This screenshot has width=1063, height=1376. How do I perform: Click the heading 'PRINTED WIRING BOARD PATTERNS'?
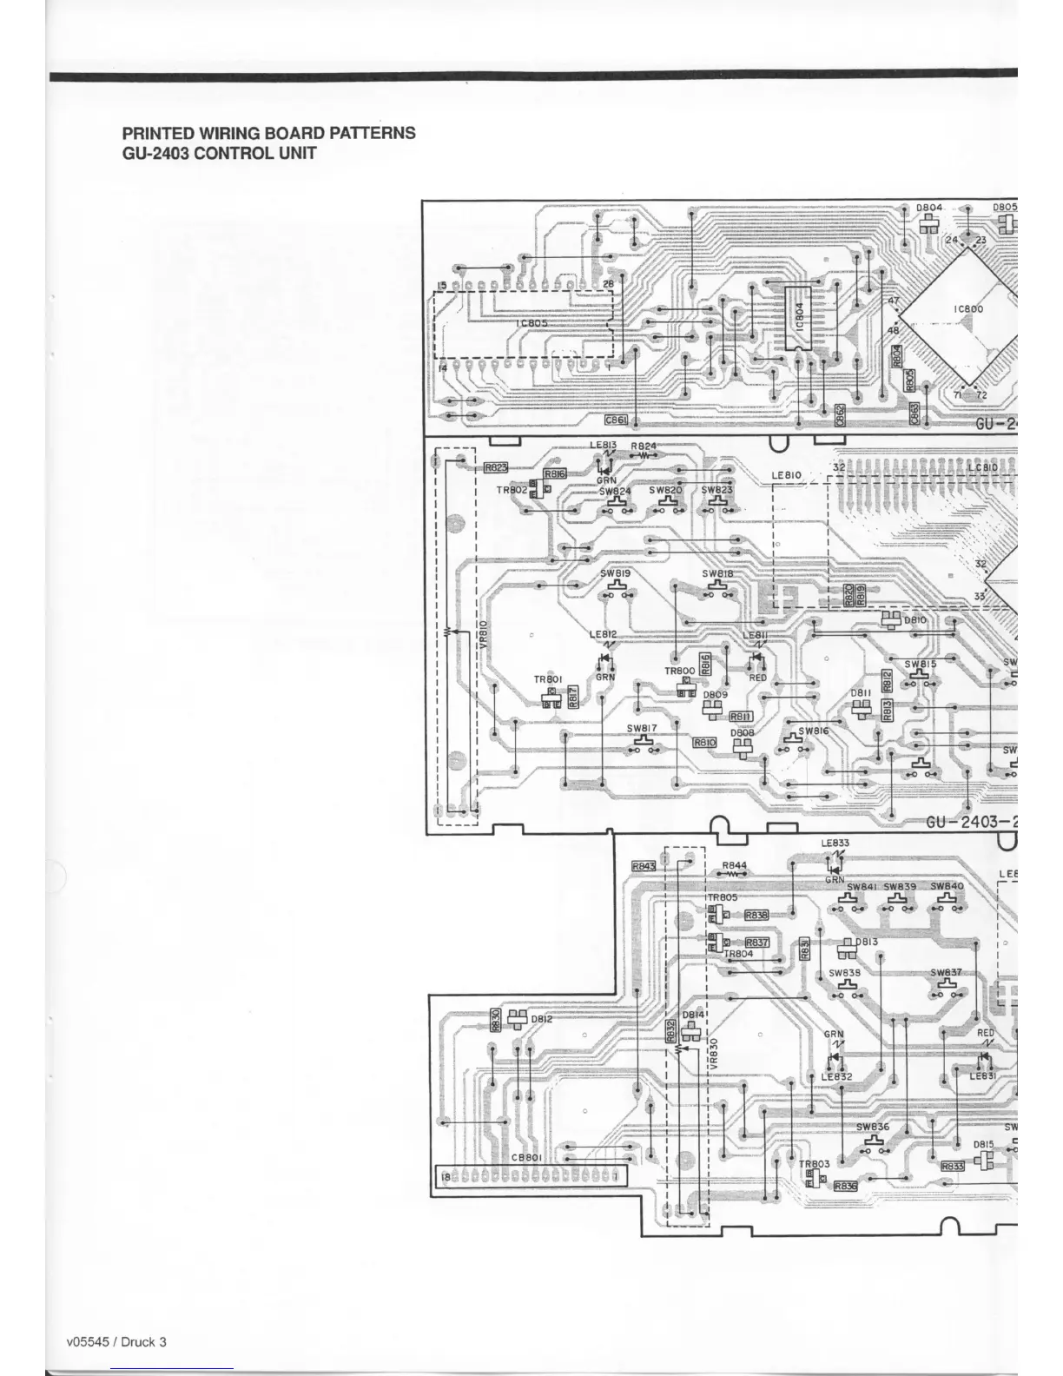[x=268, y=134]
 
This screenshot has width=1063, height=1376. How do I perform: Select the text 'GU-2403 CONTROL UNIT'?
[x=219, y=154]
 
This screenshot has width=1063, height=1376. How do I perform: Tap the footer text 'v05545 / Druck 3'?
[x=116, y=1341]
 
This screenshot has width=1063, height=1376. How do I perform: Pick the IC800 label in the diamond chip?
[x=968, y=309]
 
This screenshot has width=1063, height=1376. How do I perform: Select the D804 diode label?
[x=929, y=208]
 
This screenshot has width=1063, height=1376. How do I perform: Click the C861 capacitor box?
[x=616, y=420]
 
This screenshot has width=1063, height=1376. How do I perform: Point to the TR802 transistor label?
[x=512, y=491]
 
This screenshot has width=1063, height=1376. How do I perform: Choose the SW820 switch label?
[x=665, y=490]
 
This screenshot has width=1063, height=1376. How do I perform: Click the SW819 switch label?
[x=615, y=573]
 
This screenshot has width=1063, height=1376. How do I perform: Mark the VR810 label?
[x=484, y=633]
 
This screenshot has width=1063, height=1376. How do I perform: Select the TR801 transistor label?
[x=548, y=679]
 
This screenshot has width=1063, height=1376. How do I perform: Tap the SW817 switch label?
[x=642, y=728]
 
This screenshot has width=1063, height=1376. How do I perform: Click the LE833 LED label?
[x=835, y=843]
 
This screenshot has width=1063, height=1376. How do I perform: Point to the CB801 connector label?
[x=526, y=1157]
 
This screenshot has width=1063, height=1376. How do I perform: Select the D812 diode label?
[x=542, y=1019]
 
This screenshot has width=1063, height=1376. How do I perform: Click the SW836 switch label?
[x=873, y=1127]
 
